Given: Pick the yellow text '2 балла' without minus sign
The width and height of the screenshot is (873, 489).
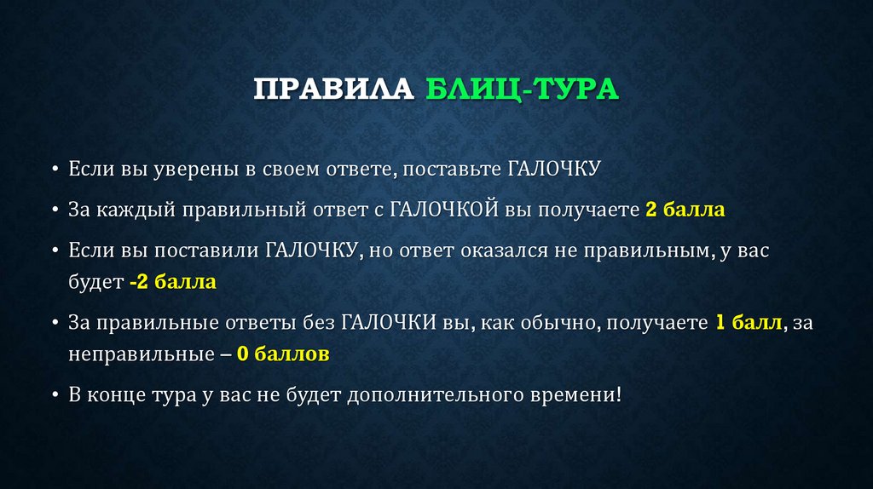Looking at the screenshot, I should click(685, 210).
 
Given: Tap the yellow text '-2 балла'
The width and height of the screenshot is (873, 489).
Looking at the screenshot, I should click(173, 282).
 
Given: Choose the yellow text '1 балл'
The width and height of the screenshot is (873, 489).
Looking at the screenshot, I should click(749, 323).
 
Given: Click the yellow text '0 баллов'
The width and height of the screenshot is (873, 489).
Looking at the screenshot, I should click(283, 354).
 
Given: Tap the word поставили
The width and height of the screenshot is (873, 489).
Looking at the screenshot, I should click(214, 251).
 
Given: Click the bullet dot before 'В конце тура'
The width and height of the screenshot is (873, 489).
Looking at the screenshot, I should click(55, 395).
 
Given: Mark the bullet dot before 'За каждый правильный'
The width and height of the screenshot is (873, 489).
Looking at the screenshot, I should click(55, 210).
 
